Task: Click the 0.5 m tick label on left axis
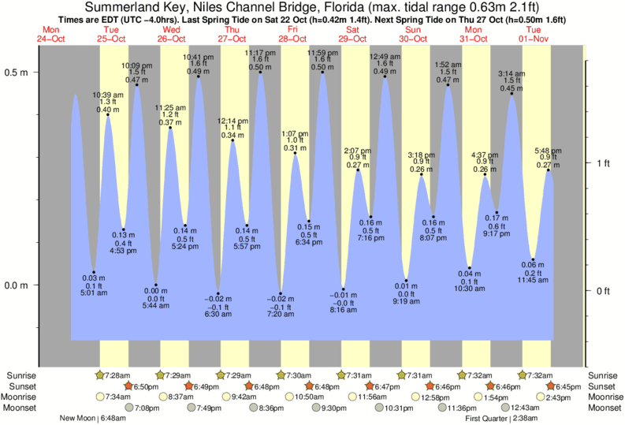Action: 17,72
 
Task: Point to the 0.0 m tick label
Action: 17,285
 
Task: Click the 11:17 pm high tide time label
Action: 261,53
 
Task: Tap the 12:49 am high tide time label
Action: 385,57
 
